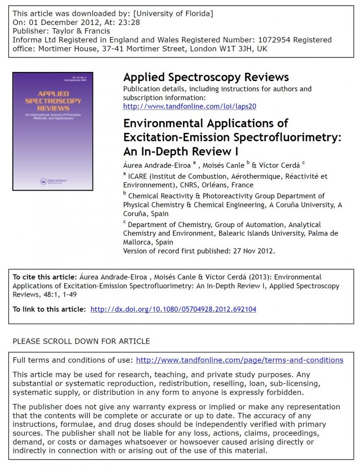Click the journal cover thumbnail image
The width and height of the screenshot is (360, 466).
[x=53, y=131]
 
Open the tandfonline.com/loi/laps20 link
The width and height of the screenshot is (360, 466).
[x=190, y=106]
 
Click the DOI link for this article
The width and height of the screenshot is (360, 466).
[x=173, y=309]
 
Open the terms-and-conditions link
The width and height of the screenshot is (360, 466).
[x=240, y=360]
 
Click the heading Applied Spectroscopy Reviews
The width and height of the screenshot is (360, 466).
[x=206, y=77]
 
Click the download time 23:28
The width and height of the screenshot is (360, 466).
[x=128, y=22]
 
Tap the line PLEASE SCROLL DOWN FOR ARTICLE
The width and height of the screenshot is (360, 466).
[x=81, y=341]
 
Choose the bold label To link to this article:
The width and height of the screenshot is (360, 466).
[x=49, y=309]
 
